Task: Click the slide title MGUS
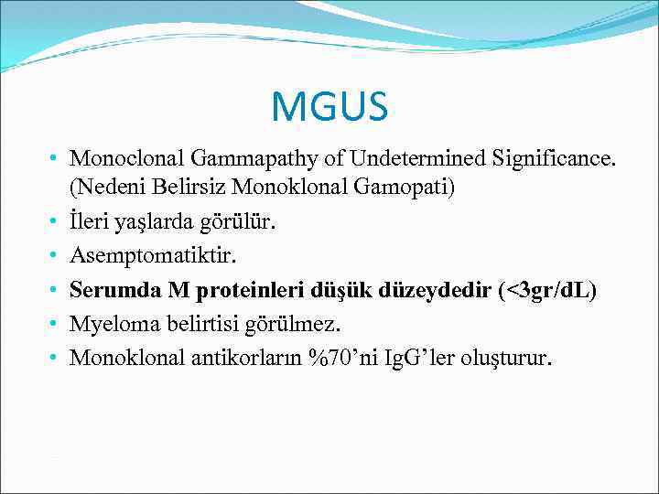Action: tap(329, 106)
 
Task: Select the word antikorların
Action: tap(239, 357)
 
